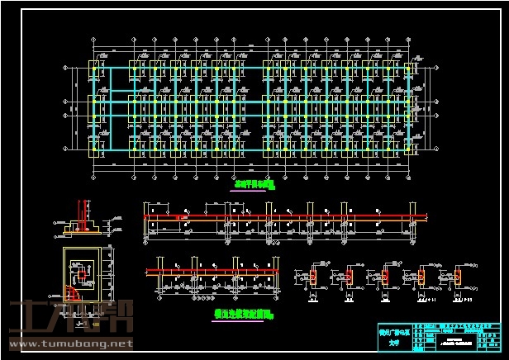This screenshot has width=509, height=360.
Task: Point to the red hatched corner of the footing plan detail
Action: pyautogui.click(x=74, y=292)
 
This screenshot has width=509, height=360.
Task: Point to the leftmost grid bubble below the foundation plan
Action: pyautogui.click(x=97, y=173)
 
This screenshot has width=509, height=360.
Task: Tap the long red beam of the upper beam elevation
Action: pyautogui.click(x=285, y=217)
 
